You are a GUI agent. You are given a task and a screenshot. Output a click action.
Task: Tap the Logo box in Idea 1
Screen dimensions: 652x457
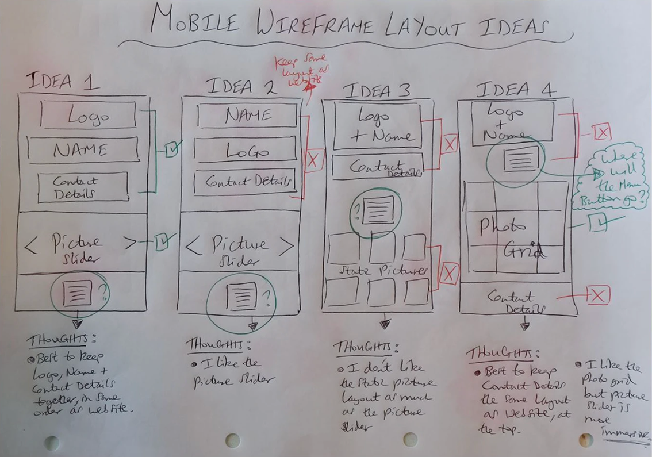tap(88, 116)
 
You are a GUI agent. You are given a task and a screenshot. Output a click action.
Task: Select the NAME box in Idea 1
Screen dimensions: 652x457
tap(83, 150)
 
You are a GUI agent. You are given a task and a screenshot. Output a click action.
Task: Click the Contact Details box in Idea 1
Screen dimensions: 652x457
tap(83, 187)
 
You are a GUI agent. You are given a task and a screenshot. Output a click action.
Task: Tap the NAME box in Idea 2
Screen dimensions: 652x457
tap(247, 116)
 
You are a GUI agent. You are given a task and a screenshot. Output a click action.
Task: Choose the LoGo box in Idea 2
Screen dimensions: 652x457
tap(246, 152)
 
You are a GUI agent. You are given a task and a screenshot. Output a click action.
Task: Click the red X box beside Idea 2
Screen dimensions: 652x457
tap(313, 160)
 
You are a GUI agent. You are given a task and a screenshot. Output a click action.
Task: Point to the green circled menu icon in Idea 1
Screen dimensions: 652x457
tap(79, 294)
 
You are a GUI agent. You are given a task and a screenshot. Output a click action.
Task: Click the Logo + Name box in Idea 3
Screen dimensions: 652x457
tap(377, 126)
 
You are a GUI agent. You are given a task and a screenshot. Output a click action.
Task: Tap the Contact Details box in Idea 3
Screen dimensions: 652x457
tap(377, 167)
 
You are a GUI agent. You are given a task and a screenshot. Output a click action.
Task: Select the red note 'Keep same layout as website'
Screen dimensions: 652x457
tap(305, 70)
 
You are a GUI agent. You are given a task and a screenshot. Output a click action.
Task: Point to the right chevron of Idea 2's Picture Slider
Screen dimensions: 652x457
tap(286, 245)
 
